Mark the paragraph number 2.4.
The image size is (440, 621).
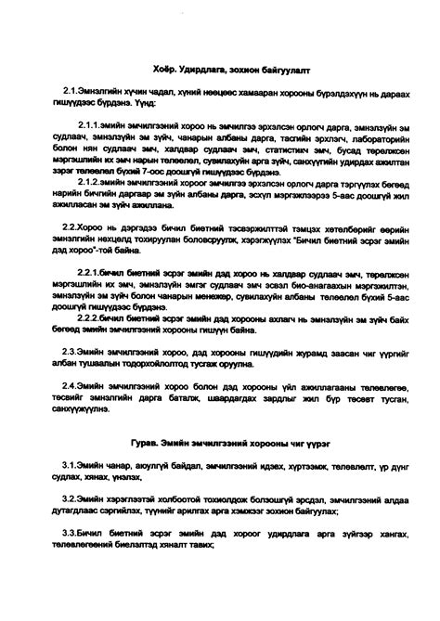pos(69,384)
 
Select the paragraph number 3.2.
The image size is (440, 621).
pos(69,498)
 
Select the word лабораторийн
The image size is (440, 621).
pos(364,135)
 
